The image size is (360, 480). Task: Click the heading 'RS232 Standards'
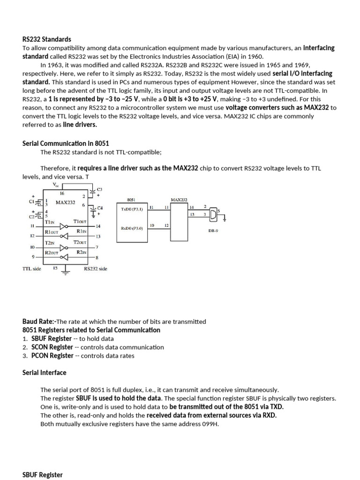tap(47, 39)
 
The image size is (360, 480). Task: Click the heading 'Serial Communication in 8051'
tap(66, 143)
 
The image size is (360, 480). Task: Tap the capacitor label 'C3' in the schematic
tap(99, 189)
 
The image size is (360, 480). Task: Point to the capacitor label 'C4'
tap(99, 208)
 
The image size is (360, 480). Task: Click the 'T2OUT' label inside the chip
tap(80, 242)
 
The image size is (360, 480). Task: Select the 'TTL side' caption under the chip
tap(32, 269)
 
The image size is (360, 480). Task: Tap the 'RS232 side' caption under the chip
tap(96, 269)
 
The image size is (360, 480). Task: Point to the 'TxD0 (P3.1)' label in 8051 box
tap(131, 209)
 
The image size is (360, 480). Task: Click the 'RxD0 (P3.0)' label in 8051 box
tap(131, 228)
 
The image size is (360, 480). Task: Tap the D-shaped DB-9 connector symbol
tap(213, 214)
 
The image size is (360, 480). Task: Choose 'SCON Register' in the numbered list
tap(52, 347)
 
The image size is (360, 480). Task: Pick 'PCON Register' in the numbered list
tap(52, 355)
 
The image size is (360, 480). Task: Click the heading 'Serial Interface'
tap(45, 373)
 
